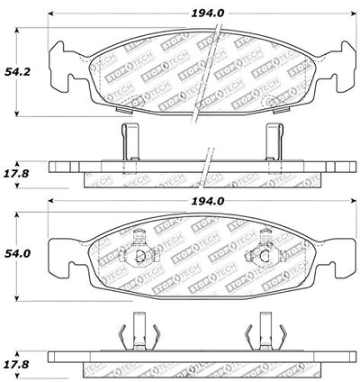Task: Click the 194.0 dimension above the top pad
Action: coord(208,14)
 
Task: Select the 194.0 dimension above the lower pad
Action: coord(208,201)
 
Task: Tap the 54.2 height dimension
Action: coord(17,72)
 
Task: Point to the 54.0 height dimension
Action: coord(17,254)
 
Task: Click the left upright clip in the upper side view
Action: coord(130,141)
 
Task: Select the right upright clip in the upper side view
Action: coord(274,141)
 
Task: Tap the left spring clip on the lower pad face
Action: coord(139,249)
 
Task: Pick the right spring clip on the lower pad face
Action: coord(265,249)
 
